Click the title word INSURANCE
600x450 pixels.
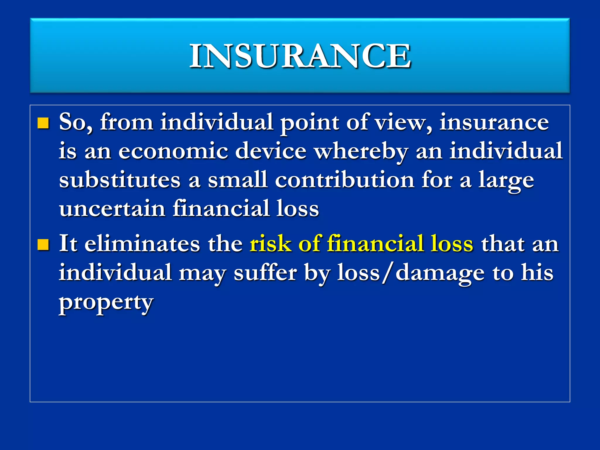tap(300, 56)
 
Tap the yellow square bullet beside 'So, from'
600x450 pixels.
tap(43, 123)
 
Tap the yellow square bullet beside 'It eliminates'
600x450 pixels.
tap(43, 245)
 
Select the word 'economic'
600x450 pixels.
tap(173, 151)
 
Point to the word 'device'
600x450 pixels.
tap(271, 151)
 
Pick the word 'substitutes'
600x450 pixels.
tap(120, 180)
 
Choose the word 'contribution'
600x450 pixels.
tap(345, 180)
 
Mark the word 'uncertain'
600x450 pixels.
tap(112, 209)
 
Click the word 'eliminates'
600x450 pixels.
tap(142, 244)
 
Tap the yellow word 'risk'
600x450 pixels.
tap(270, 244)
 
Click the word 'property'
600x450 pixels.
tap(106, 303)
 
